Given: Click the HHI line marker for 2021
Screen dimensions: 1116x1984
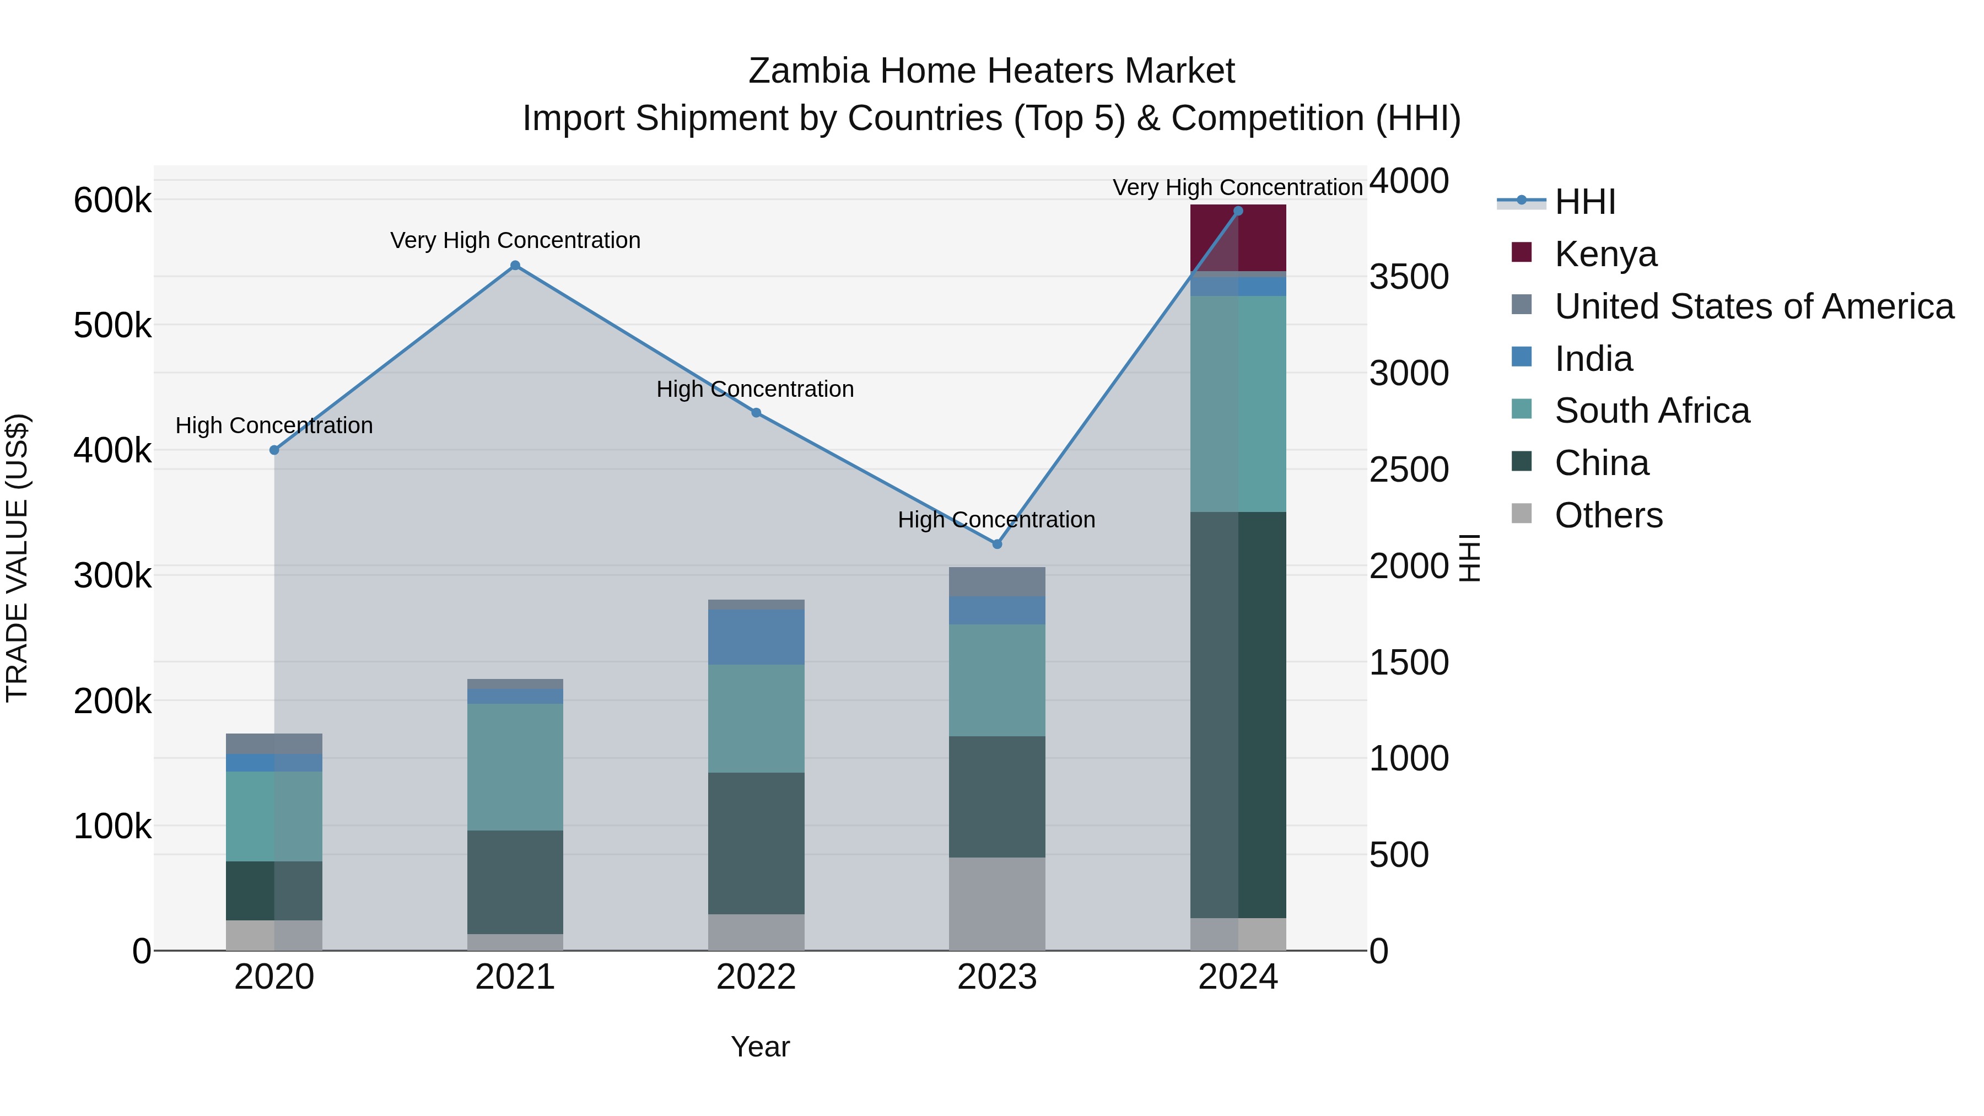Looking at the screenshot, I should [515, 266].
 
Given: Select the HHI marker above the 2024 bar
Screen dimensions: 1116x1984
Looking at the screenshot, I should [1238, 211].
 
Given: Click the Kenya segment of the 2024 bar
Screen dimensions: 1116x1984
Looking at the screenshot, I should [1238, 238].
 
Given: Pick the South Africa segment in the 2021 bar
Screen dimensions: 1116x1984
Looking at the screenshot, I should [515, 767].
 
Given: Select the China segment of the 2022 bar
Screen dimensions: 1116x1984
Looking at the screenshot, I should [756, 843].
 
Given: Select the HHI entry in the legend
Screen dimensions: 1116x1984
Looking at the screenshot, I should [1584, 202].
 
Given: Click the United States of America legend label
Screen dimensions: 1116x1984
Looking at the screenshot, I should [1754, 306].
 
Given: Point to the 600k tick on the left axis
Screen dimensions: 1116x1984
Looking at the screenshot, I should [112, 201].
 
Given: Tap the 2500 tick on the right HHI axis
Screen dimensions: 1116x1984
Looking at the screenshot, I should [1409, 470].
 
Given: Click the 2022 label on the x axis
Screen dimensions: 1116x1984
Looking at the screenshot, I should [756, 977].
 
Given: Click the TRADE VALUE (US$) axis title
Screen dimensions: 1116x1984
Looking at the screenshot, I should [18, 558].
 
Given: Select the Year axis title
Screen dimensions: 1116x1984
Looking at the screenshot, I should [760, 1047].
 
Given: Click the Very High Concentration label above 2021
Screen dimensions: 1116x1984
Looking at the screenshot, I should [515, 240].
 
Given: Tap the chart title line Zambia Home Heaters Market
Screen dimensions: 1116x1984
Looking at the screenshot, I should [991, 71].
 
